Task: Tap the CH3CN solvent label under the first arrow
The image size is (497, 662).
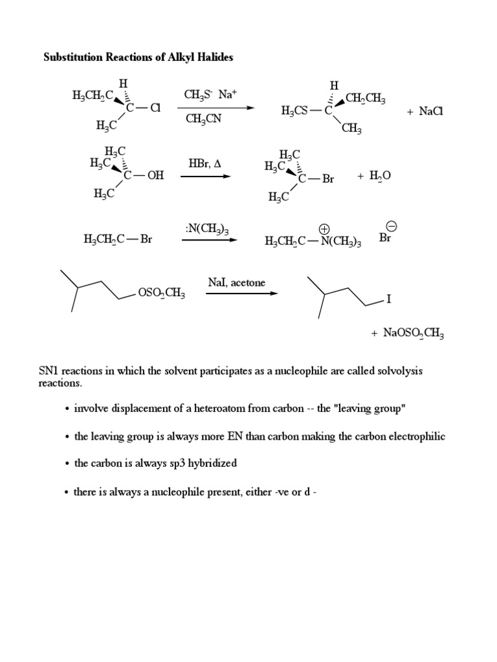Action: point(203,119)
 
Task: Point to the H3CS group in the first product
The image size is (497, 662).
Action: point(295,111)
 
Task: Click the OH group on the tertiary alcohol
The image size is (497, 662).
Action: point(155,175)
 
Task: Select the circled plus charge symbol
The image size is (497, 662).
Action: point(325,228)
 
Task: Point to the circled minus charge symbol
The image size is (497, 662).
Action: point(391,226)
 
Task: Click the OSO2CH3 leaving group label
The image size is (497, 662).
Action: point(162,294)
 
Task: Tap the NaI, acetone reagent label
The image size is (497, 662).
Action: point(237,283)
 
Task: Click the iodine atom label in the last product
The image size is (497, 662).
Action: point(389,300)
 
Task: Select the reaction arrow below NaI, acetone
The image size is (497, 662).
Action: point(241,294)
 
